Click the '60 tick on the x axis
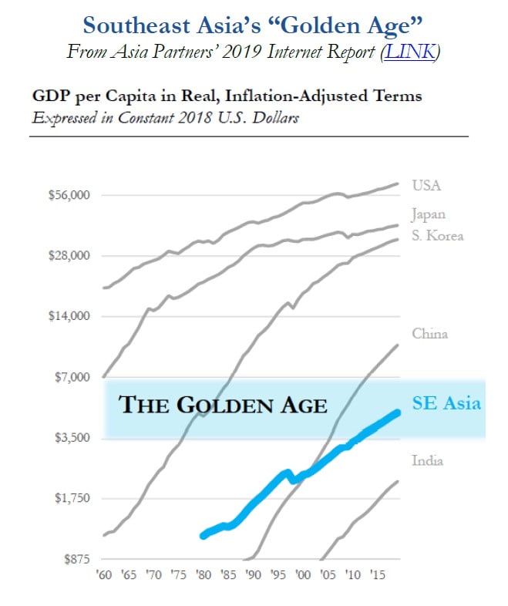coord(103,575)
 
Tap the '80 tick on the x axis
coord(204,575)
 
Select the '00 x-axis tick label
coord(304,575)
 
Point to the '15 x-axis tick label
coord(378,575)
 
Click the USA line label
coord(426,186)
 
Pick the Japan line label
coord(429,215)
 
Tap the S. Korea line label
coord(437,235)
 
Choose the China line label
coord(429,334)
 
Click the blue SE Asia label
coord(446,403)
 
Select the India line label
coord(427,461)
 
